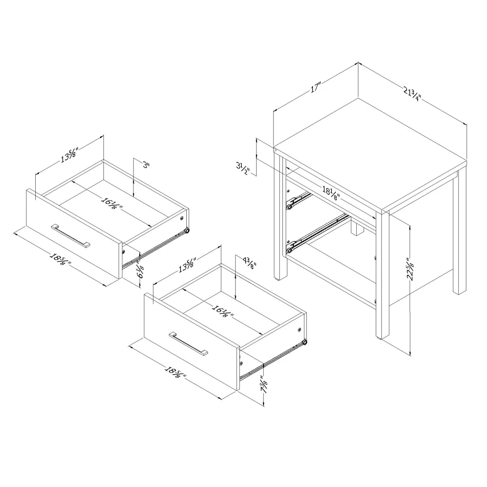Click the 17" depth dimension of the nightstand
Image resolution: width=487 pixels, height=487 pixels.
tap(316, 88)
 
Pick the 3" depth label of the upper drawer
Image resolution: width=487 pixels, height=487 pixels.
tap(146, 166)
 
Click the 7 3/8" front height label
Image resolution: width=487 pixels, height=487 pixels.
tap(264, 384)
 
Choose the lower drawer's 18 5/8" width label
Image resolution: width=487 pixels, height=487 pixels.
tap(175, 372)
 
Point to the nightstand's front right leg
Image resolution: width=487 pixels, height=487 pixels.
tap(382, 276)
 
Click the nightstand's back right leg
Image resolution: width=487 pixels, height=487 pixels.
tap(459, 235)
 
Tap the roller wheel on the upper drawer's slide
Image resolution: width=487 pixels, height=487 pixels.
tap(187, 231)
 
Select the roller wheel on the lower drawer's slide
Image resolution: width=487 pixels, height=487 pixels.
tap(304, 344)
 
